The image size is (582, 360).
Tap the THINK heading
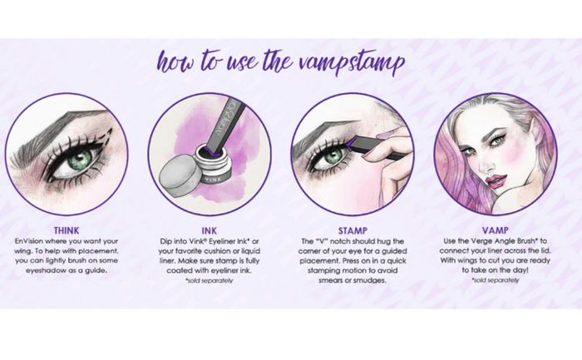67,230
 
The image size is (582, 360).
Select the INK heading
210,230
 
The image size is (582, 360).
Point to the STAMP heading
353,230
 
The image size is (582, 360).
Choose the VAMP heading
496,230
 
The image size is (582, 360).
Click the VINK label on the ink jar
208,178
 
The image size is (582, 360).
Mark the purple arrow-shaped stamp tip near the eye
354,143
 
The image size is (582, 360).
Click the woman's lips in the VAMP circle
496,181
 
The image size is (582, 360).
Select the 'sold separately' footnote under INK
209,280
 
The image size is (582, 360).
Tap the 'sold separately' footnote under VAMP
496,280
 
